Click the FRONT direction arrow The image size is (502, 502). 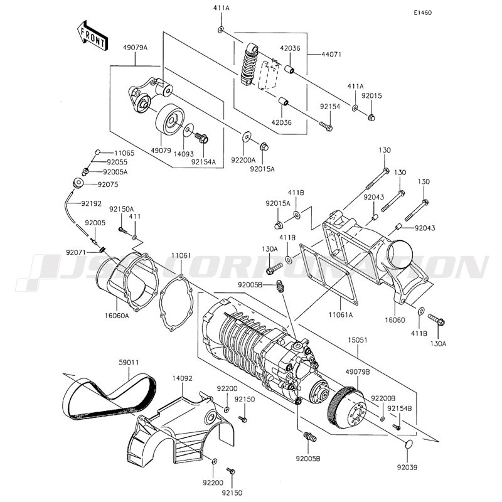tap(92, 36)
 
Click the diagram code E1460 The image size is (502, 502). tap(422, 13)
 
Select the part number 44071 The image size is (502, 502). tap(331, 55)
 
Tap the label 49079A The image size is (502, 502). tap(135, 48)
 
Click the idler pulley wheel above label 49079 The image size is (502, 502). tap(170, 120)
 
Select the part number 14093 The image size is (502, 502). tap(183, 154)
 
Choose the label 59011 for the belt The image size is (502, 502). tap(129, 363)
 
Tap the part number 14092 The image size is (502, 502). tap(183, 378)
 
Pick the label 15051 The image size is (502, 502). tap(357, 339)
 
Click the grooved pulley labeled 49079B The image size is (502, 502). tap(345, 410)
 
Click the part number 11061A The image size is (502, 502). tap(340, 315)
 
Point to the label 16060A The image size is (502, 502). tap(117, 316)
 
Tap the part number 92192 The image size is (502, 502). tap(91, 203)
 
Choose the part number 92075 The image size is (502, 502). tap(108, 184)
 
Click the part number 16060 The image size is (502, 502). tap(395, 320)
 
